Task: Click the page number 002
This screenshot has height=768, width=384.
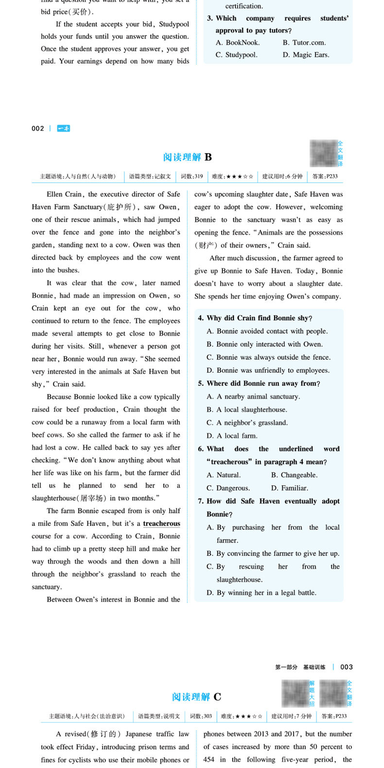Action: pyautogui.click(x=37, y=129)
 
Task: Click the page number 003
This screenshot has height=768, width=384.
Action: pyautogui.click(x=347, y=667)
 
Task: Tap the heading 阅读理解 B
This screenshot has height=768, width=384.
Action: pyautogui.click(x=188, y=157)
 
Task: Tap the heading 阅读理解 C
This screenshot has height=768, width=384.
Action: pyautogui.click(x=196, y=697)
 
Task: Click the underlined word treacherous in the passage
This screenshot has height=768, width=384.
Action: pyautogui.click(x=161, y=524)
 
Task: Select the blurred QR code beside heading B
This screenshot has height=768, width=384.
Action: pyautogui.click(x=323, y=153)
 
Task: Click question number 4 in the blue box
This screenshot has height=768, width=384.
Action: pyautogui.click(x=201, y=318)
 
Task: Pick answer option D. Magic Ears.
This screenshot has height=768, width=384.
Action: pyautogui.click(x=306, y=55)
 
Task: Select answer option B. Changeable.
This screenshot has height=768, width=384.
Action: pyautogui.click(x=294, y=475)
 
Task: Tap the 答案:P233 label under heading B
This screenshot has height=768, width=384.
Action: pyautogui.click(x=325, y=176)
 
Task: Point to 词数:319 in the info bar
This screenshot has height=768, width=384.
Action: pyautogui.click(x=192, y=176)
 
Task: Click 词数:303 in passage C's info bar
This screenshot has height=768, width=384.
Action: pyautogui.click(x=201, y=716)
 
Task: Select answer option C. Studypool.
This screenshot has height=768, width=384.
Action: pyautogui.click(x=236, y=55)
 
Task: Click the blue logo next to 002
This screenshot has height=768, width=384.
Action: pyautogui.click(x=63, y=129)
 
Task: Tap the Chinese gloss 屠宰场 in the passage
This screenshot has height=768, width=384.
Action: pyautogui.click(x=91, y=498)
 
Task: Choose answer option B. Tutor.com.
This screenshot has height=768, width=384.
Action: pyautogui.click(x=304, y=43)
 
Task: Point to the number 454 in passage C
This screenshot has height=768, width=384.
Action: pyautogui.click(x=209, y=759)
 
